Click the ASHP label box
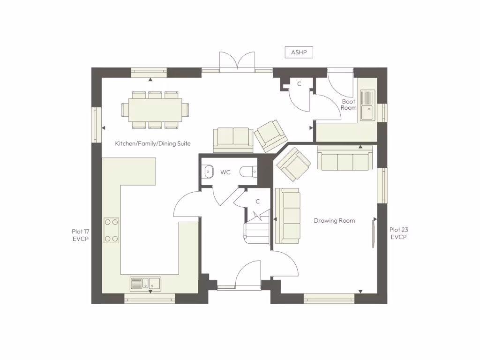299,52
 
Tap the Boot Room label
349,105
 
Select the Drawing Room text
334,220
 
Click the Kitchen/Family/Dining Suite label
153,143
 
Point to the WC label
225,172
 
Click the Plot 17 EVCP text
80,235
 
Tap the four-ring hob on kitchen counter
112,230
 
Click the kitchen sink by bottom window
145,283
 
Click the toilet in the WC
248,172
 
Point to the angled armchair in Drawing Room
293,164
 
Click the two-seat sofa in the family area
233,140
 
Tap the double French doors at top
237,62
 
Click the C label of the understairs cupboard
257,201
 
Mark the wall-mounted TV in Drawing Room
374,232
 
